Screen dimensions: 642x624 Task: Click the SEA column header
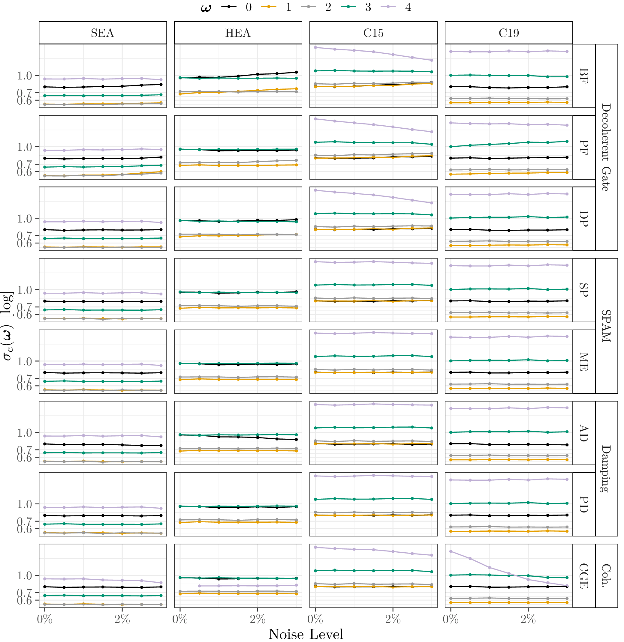(x=103, y=33)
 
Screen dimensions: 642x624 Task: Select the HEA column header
(x=238, y=33)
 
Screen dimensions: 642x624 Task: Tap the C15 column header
(x=373, y=33)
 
